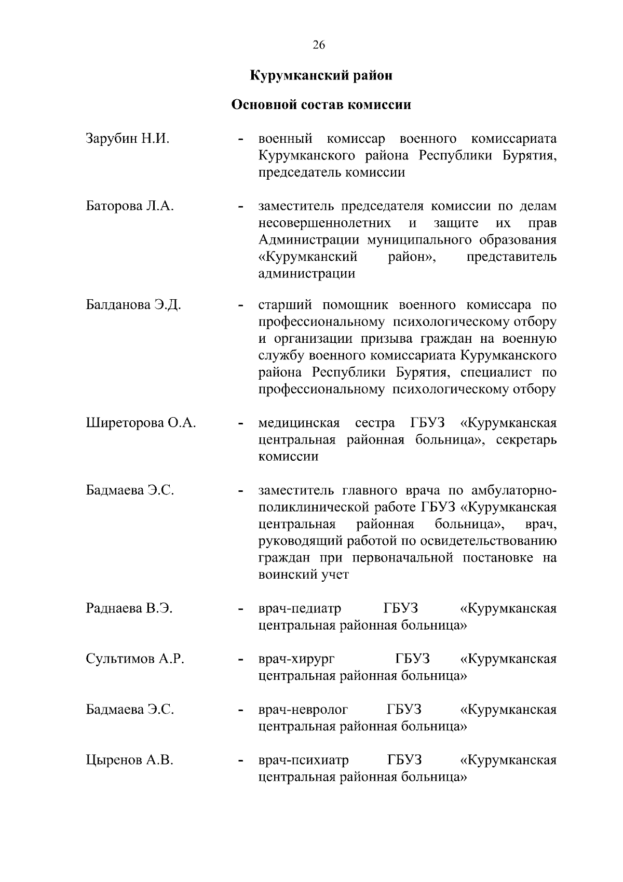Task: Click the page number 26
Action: [319, 45]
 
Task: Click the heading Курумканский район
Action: [321, 76]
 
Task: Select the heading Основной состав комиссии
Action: [321, 105]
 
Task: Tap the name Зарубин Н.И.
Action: [128, 139]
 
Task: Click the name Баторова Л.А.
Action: [130, 206]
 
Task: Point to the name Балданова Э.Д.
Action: [133, 305]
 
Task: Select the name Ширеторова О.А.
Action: [141, 423]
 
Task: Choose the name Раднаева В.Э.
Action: [129, 608]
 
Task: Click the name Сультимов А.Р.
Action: [136, 659]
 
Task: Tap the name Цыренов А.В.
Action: [130, 760]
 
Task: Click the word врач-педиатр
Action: [300, 608]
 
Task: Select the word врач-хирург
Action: [296, 659]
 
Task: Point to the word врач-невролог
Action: [303, 710]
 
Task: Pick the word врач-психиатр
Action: [304, 760]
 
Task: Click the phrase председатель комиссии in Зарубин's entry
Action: [332, 172]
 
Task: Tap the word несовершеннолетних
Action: [325, 223]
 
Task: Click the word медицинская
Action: [299, 423]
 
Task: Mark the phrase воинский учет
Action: [304, 575]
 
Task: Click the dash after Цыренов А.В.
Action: [240, 761]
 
